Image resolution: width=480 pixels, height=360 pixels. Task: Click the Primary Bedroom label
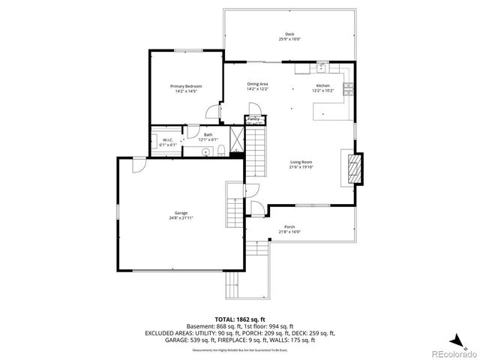point(185,87)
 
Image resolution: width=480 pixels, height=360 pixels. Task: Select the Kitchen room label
point(322,86)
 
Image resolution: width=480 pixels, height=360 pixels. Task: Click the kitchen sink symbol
point(321,68)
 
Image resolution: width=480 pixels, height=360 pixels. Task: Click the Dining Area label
point(257,84)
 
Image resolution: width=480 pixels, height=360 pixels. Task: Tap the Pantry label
point(253,118)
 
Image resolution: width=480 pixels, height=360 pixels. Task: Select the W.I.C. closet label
point(168,139)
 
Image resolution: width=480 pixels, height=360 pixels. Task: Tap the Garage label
point(181,213)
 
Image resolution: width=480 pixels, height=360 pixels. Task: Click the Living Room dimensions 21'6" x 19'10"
point(301,167)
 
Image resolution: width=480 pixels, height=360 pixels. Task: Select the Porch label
point(289,227)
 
